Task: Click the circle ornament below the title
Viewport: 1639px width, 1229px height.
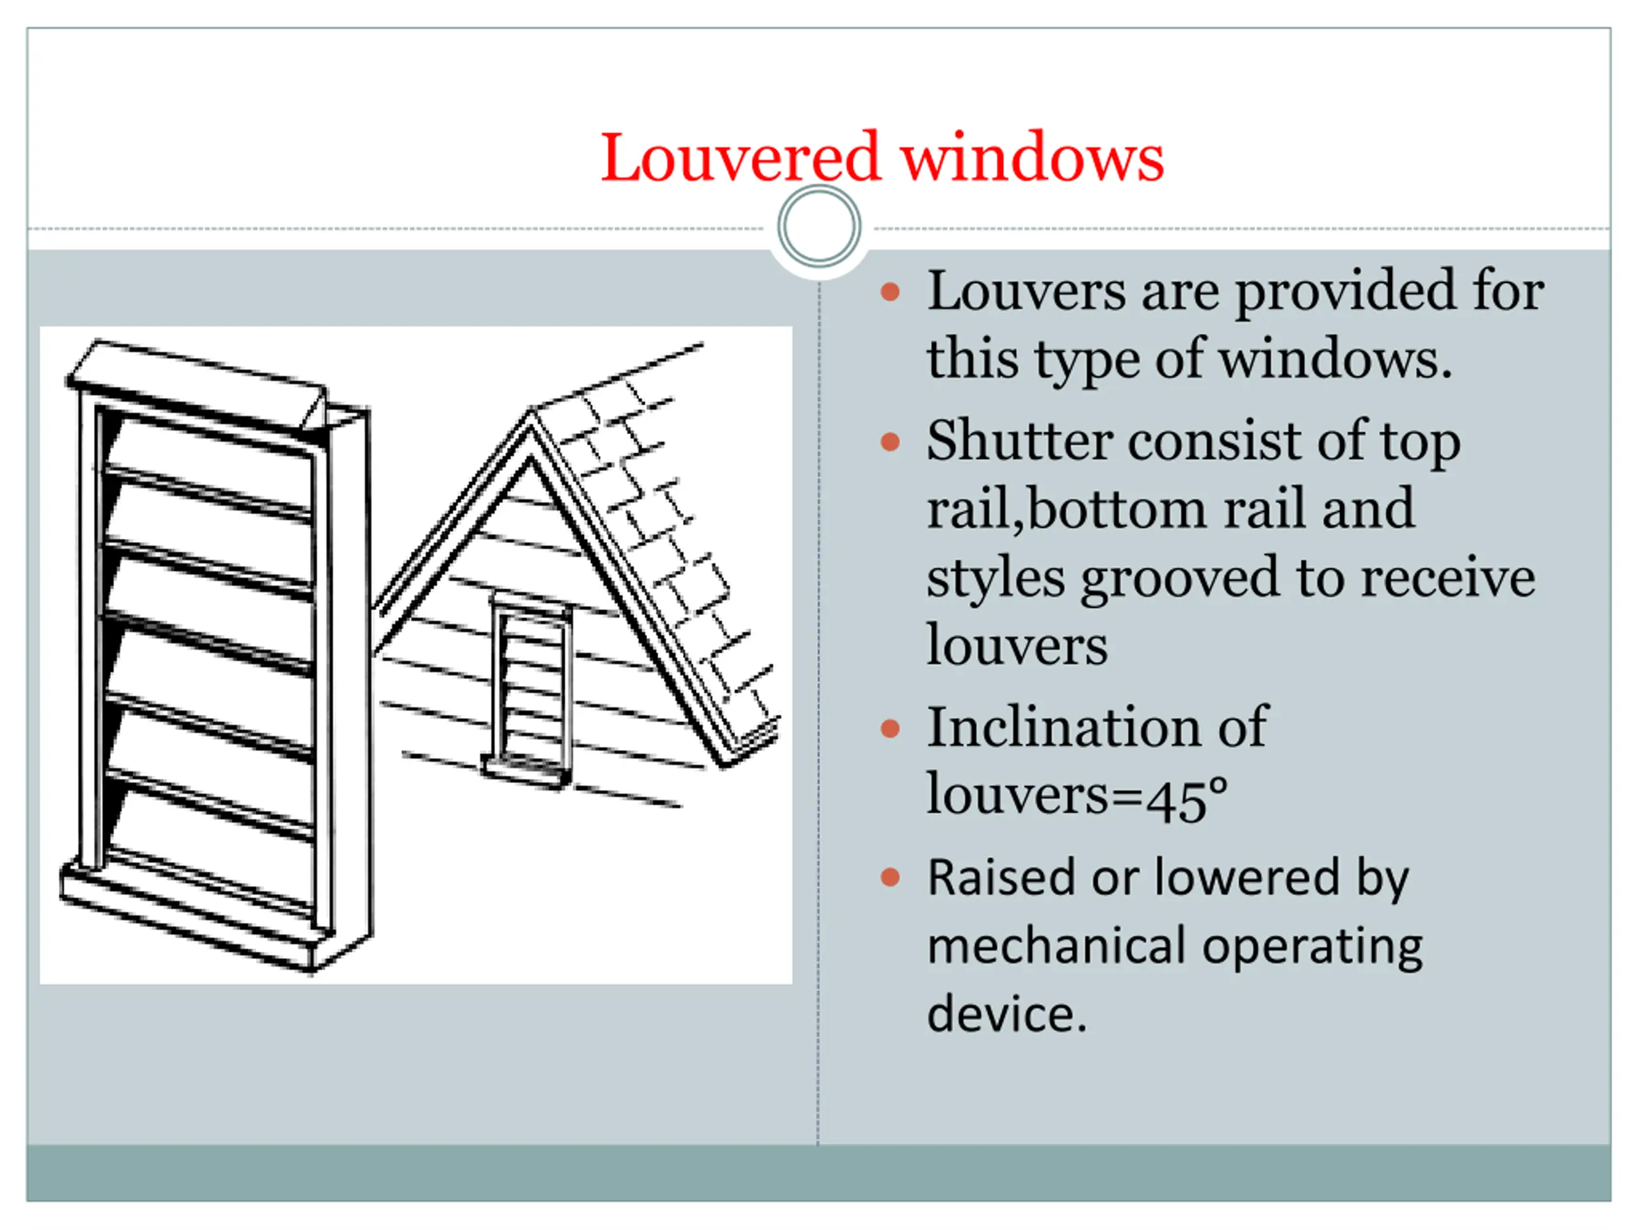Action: pos(819,227)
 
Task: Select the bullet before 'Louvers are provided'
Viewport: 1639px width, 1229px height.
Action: pos(890,292)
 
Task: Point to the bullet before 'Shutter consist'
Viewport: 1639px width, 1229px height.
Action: pos(890,442)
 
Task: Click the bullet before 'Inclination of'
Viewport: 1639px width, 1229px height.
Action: pos(890,728)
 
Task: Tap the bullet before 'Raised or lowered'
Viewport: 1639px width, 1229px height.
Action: pos(890,879)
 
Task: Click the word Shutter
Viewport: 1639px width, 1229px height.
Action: pos(1019,442)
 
